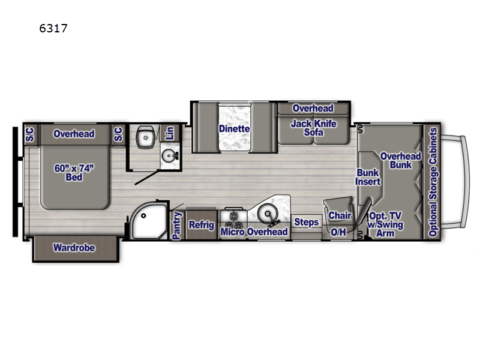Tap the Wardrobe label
[74, 247]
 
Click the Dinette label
[234, 128]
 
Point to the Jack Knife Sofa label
[313, 128]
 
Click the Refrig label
[202, 225]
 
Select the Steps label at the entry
[306, 223]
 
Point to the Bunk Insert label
[368, 177]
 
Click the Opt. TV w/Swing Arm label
[385, 224]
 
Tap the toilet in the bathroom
[145, 137]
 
